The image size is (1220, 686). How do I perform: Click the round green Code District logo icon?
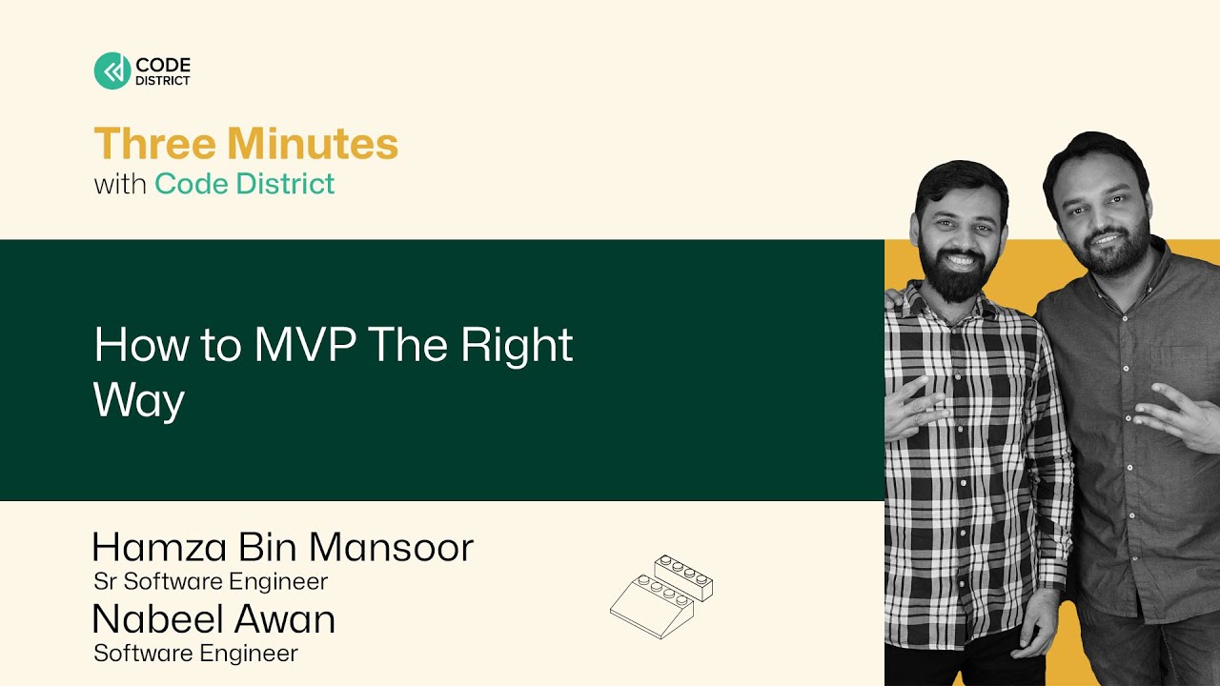click(112, 71)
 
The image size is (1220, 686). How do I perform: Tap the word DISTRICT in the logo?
click(163, 81)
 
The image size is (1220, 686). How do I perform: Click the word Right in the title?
click(517, 346)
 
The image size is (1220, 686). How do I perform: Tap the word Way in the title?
click(138, 400)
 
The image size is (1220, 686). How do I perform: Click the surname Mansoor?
click(390, 547)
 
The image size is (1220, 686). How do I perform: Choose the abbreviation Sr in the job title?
click(105, 581)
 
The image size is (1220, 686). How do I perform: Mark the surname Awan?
click(287, 619)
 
